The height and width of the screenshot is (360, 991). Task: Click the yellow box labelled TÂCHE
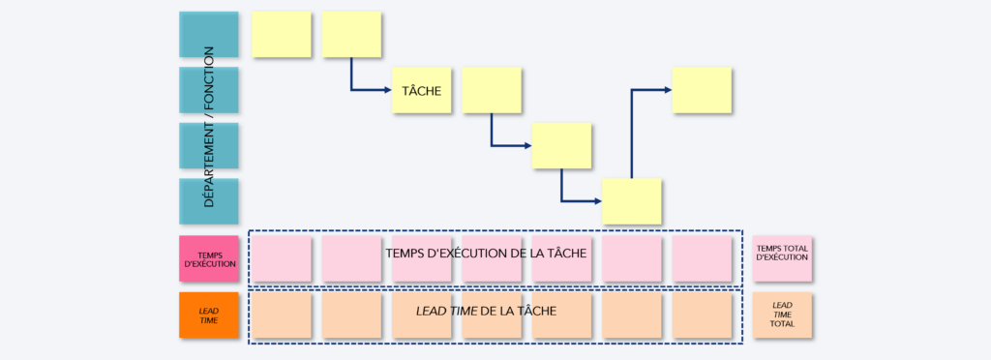(x=421, y=91)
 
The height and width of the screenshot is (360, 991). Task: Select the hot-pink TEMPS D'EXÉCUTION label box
(x=209, y=259)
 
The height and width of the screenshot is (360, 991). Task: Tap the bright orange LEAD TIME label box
(x=209, y=315)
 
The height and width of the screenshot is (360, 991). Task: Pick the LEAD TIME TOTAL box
(x=782, y=315)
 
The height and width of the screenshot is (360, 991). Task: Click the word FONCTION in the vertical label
(x=209, y=78)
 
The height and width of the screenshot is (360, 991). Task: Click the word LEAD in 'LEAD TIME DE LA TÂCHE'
(x=431, y=311)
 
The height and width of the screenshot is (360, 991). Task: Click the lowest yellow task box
(x=632, y=201)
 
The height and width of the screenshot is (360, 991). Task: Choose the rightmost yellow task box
(x=702, y=90)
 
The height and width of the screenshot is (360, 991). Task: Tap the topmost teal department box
(x=209, y=35)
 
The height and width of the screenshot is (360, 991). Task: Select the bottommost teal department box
(x=209, y=201)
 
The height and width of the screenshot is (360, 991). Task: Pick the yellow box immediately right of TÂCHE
(x=492, y=90)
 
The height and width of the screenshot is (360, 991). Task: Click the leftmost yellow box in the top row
(x=281, y=35)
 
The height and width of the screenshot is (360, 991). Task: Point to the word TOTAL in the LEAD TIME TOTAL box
(x=782, y=324)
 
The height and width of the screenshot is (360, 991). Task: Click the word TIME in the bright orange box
(x=209, y=320)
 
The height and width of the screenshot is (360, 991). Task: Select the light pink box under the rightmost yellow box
(x=702, y=258)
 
